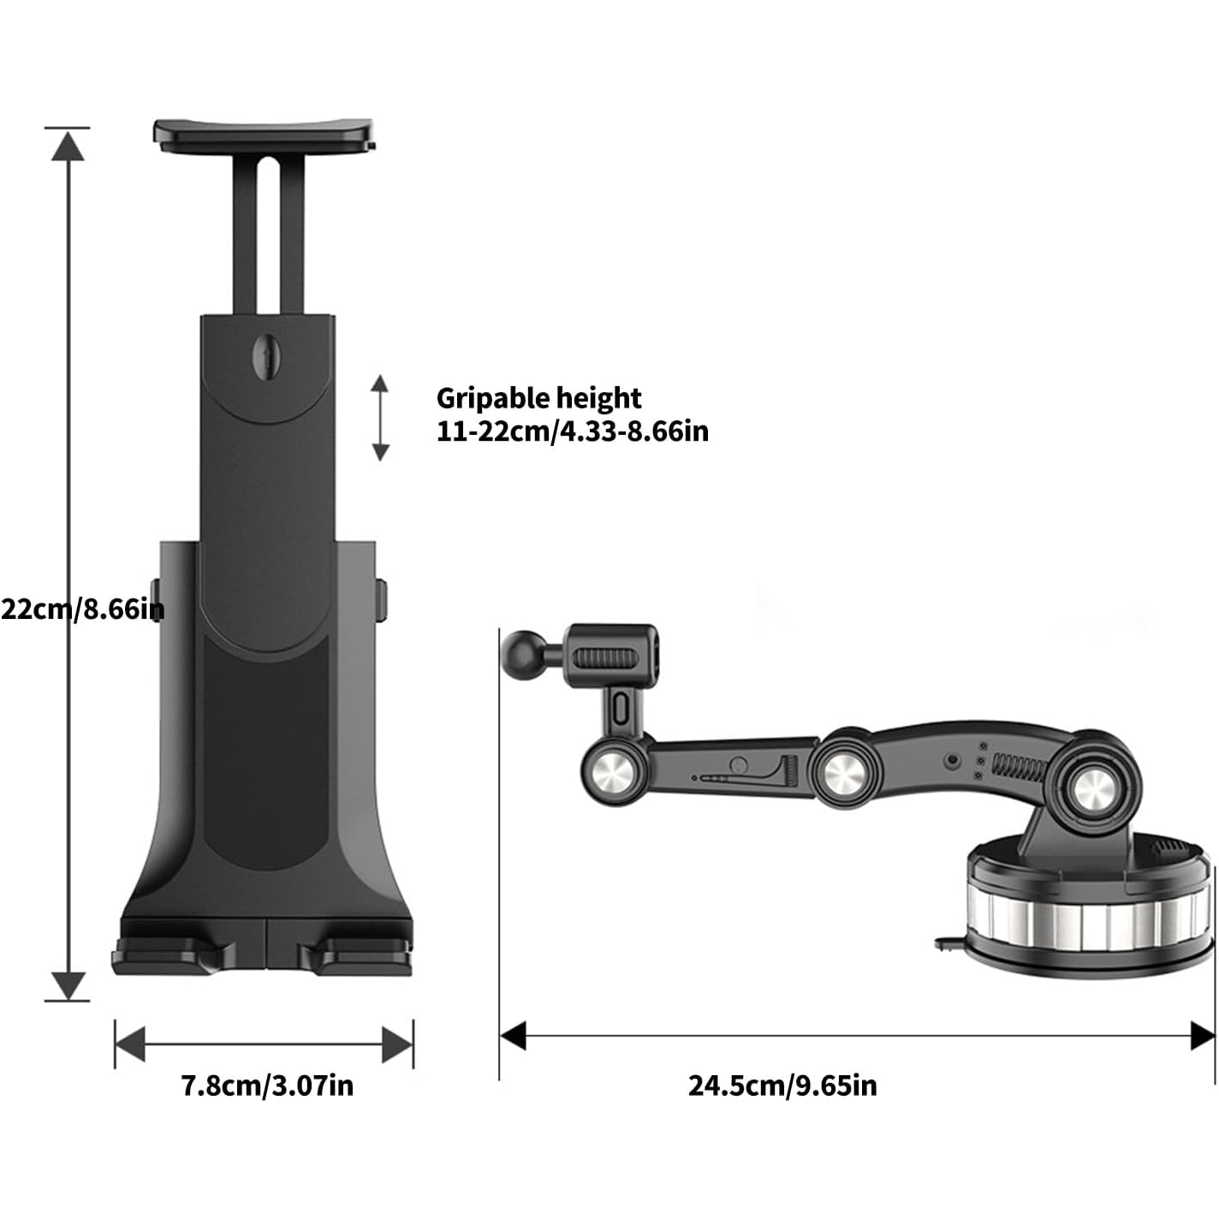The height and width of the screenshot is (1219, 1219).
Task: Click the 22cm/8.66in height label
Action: (x=82, y=609)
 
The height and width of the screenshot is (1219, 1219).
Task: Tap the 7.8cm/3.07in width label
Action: (x=267, y=1085)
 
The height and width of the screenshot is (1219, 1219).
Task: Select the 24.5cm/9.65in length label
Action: (x=782, y=1085)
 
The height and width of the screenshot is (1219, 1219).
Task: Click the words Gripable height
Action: (x=539, y=399)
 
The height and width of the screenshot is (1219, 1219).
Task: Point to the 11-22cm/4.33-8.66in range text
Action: (x=573, y=431)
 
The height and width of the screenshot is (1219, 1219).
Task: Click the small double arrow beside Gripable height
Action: (x=379, y=418)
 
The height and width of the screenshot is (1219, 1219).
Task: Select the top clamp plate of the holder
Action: (x=264, y=136)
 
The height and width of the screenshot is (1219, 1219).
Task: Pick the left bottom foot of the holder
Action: (x=174, y=959)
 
